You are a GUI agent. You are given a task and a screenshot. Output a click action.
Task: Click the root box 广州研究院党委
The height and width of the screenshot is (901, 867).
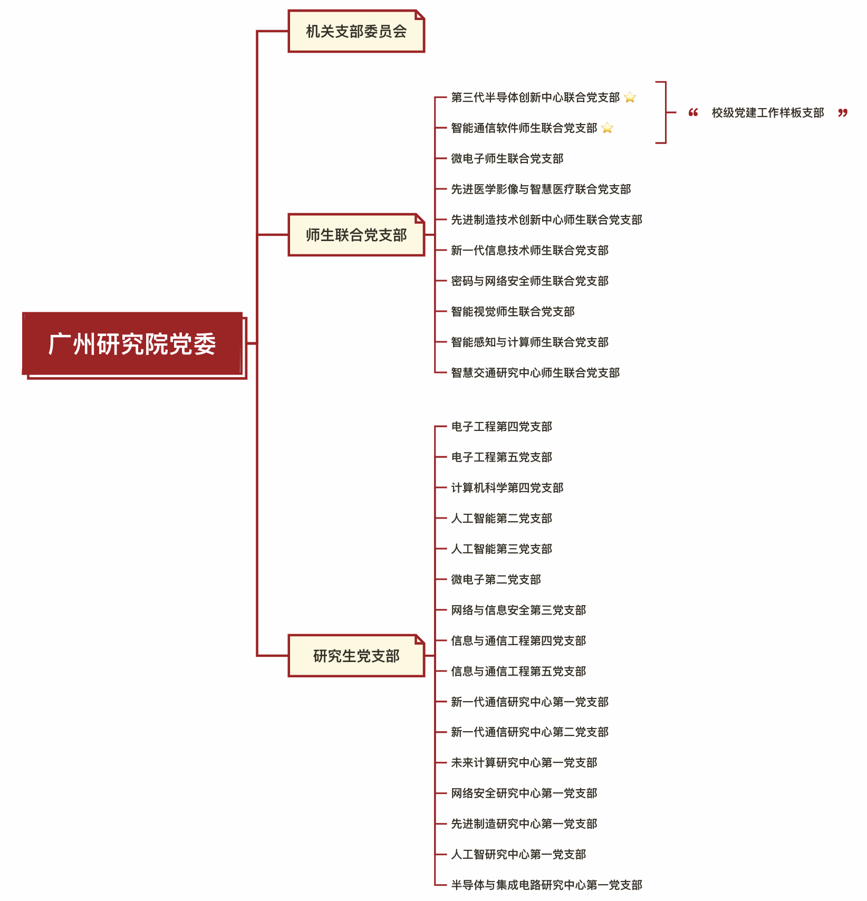point(132,344)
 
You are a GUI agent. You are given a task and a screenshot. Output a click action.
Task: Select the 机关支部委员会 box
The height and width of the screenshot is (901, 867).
point(356,31)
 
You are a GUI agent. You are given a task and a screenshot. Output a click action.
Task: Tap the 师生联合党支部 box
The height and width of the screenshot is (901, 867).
point(356,235)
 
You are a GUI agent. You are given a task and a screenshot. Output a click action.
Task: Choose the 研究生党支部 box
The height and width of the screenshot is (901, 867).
point(356,656)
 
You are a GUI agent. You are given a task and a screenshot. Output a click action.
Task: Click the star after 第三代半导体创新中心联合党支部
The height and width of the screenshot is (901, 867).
point(630,97)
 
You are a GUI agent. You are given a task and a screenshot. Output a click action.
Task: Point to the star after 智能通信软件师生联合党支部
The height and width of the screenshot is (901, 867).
point(607,128)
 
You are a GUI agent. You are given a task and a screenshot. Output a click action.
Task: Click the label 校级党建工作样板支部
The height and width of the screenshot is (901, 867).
point(768,113)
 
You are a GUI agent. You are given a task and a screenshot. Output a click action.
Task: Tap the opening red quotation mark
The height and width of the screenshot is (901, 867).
point(693,112)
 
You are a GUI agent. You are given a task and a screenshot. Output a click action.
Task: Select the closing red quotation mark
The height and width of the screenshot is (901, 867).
point(843,112)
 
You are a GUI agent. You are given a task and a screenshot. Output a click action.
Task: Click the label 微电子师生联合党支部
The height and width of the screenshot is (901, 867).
point(507,158)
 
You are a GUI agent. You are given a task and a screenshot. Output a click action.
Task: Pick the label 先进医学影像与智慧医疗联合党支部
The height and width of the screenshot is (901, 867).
point(541,189)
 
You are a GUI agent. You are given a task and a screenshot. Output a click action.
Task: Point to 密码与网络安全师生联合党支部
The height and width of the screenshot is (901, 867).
point(530,281)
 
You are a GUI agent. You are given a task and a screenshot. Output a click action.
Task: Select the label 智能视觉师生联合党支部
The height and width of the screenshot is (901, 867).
point(513,311)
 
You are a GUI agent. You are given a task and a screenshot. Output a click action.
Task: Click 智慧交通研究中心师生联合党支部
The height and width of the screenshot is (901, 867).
point(535,372)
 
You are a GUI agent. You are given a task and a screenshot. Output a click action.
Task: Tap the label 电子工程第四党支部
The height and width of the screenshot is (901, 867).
point(502,426)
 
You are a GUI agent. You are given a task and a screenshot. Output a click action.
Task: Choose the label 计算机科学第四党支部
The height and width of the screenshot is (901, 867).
point(507,487)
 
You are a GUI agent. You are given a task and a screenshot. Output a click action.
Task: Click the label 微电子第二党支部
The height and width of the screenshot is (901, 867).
point(496,579)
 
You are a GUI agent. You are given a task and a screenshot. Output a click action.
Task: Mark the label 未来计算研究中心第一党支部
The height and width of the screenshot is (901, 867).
point(524,762)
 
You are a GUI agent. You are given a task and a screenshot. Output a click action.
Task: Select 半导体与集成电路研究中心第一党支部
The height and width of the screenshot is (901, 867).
point(547,885)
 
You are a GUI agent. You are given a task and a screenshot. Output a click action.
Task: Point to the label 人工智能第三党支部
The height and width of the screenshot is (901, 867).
point(502,549)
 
